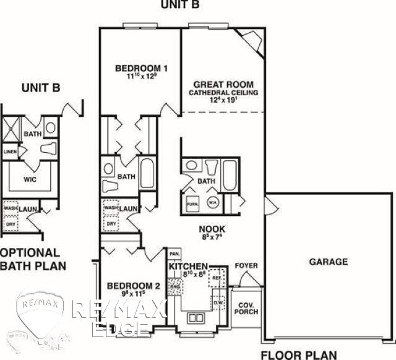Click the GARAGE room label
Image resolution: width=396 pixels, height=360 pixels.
pos(328,262)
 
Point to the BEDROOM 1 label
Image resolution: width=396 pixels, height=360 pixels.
pos(141,68)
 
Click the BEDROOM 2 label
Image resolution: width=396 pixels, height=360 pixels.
pos(133,286)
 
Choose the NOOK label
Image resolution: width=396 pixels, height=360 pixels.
pos(212,228)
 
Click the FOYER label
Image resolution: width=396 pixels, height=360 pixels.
pos(246,265)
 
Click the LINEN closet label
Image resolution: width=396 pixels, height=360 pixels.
pos(9,151)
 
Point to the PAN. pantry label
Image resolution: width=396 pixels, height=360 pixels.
pos(174,254)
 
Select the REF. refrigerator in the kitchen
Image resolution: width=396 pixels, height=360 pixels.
pos(217,278)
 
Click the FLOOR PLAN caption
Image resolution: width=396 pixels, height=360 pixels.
pos(298,354)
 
